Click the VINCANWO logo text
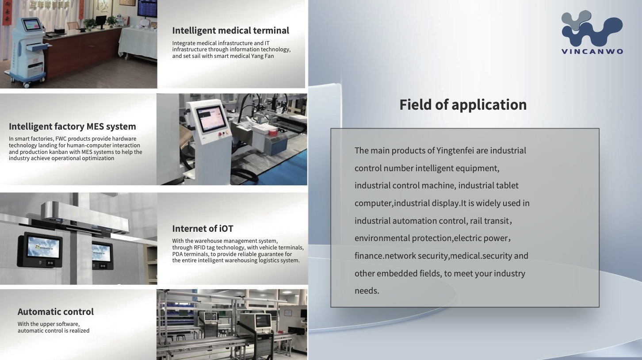click(592, 52)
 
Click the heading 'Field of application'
click(463, 105)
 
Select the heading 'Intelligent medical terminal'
click(230, 31)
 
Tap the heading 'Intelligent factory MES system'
click(72, 126)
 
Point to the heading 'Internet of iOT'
click(203, 229)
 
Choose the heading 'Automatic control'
click(56, 311)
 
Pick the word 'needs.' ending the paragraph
click(367, 291)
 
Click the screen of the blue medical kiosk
click(32, 25)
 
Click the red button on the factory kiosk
click(220, 134)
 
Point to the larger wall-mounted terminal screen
click(44, 248)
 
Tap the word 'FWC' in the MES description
click(61, 139)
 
